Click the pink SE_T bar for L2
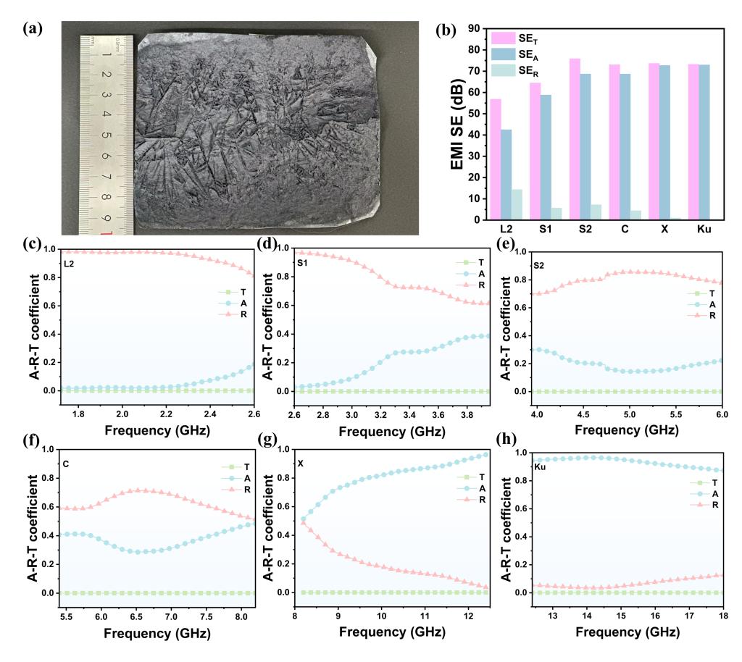tap(496, 159)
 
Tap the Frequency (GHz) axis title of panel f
tap(157, 633)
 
